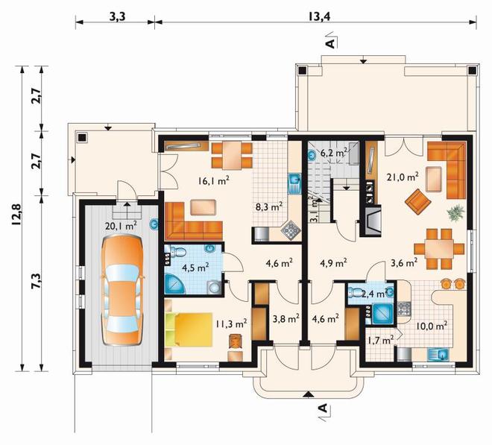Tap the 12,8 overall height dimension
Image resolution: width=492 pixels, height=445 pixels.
pyautogui.click(x=16, y=215)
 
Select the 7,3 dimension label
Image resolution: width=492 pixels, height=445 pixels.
pyautogui.click(x=35, y=281)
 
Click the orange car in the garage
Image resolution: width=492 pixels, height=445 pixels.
pyautogui.click(x=122, y=290)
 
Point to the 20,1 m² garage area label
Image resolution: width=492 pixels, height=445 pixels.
pyautogui.click(x=121, y=225)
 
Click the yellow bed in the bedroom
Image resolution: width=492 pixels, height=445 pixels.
pyautogui.click(x=188, y=329)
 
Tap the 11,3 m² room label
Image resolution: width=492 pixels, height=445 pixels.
pyautogui.click(x=231, y=324)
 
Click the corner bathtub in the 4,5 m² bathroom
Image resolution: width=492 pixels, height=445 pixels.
pyautogui.click(x=175, y=284)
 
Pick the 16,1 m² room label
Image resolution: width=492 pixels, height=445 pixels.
pyautogui.click(x=213, y=180)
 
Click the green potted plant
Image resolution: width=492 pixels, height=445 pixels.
pyautogui.click(x=456, y=213)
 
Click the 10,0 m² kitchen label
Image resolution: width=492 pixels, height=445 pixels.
pyautogui.click(x=432, y=326)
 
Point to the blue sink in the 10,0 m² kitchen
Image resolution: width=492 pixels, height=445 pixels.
pyautogui.click(x=439, y=355)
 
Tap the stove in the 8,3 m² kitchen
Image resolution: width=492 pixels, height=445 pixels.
pyautogui.click(x=291, y=230)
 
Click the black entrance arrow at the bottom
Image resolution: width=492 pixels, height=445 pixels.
pyautogui.click(x=309, y=394)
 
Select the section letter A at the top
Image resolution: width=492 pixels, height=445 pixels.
pyautogui.click(x=330, y=43)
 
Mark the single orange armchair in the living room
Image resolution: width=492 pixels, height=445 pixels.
pyautogui.click(x=417, y=201)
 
